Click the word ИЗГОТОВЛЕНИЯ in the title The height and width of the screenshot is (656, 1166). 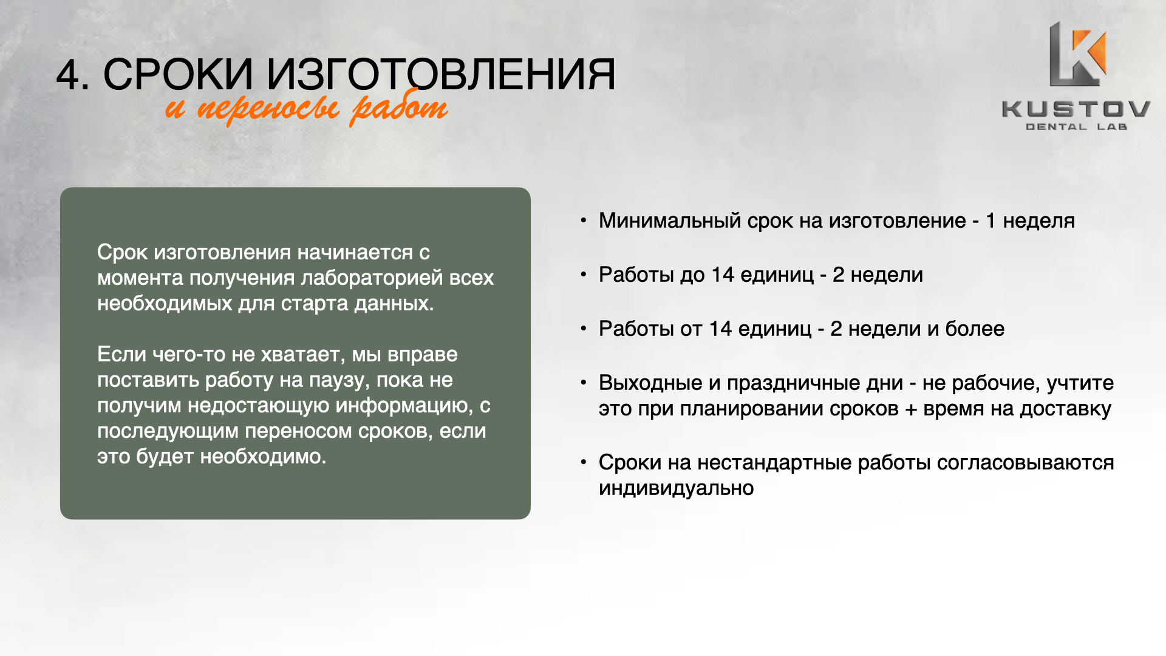pyautogui.click(x=441, y=75)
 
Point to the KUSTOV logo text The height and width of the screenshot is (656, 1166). pyautogui.click(x=1076, y=109)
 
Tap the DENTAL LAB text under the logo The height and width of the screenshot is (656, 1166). pyautogui.click(x=1076, y=127)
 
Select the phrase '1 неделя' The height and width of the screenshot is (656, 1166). pyautogui.click(x=1030, y=220)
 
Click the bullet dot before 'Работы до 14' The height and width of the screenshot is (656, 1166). pyautogui.click(x=584, y=275)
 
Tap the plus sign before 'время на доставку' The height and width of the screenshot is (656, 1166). pyautogui.click(x=911, y=409)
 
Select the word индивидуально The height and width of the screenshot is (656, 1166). pyautogui.click(x=677, y=488)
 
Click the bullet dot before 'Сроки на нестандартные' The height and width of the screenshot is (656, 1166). pyautogui.click(x=584, y=462)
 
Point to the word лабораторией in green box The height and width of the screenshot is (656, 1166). pyautogui.click(x=372, y=278)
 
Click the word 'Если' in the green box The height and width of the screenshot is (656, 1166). pyautogui.click(x=121, y=354)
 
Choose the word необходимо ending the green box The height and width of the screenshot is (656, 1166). pyautogui.click(x=264, y=456)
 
